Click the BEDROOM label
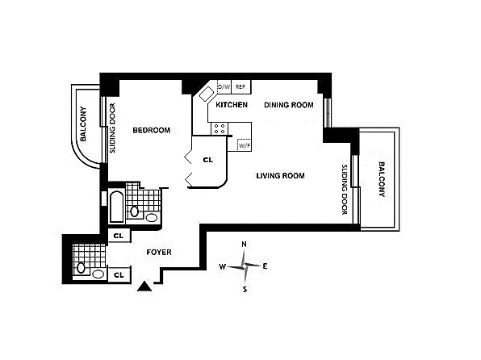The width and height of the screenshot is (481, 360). click(x=152, y=130)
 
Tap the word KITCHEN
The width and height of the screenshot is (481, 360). click(x=232, y=105)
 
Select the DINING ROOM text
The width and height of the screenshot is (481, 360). click(x=289, y=105)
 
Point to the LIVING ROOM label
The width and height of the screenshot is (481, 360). click(x=280, y=175)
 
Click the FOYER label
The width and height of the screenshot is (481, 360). click(x=159, y=253)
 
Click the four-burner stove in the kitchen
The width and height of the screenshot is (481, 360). click(x=220, y=128)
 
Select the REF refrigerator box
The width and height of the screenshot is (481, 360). click(x=240, y=87)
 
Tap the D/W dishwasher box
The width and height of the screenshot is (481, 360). click(x=224, y=87)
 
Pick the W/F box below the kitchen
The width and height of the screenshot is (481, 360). click(x=245, y=145)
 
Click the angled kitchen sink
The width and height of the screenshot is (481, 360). click(x=207, y=94)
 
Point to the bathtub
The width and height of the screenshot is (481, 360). click(x=117, y=207)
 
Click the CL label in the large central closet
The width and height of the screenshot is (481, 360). click(x=208, y=160)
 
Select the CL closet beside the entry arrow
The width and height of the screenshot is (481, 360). click(x=119, y=274)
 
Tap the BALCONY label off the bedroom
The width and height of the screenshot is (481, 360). click(x=83, y=124)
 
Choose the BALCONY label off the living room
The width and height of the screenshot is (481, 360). click(x=382, y=179)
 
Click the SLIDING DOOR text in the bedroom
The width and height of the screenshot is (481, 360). click(x=112, y=128)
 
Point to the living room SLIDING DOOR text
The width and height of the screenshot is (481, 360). click(x=345, y=190)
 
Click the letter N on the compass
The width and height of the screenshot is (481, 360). click(x=245, y=245)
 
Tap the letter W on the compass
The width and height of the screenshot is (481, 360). click(x=223, y=266)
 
